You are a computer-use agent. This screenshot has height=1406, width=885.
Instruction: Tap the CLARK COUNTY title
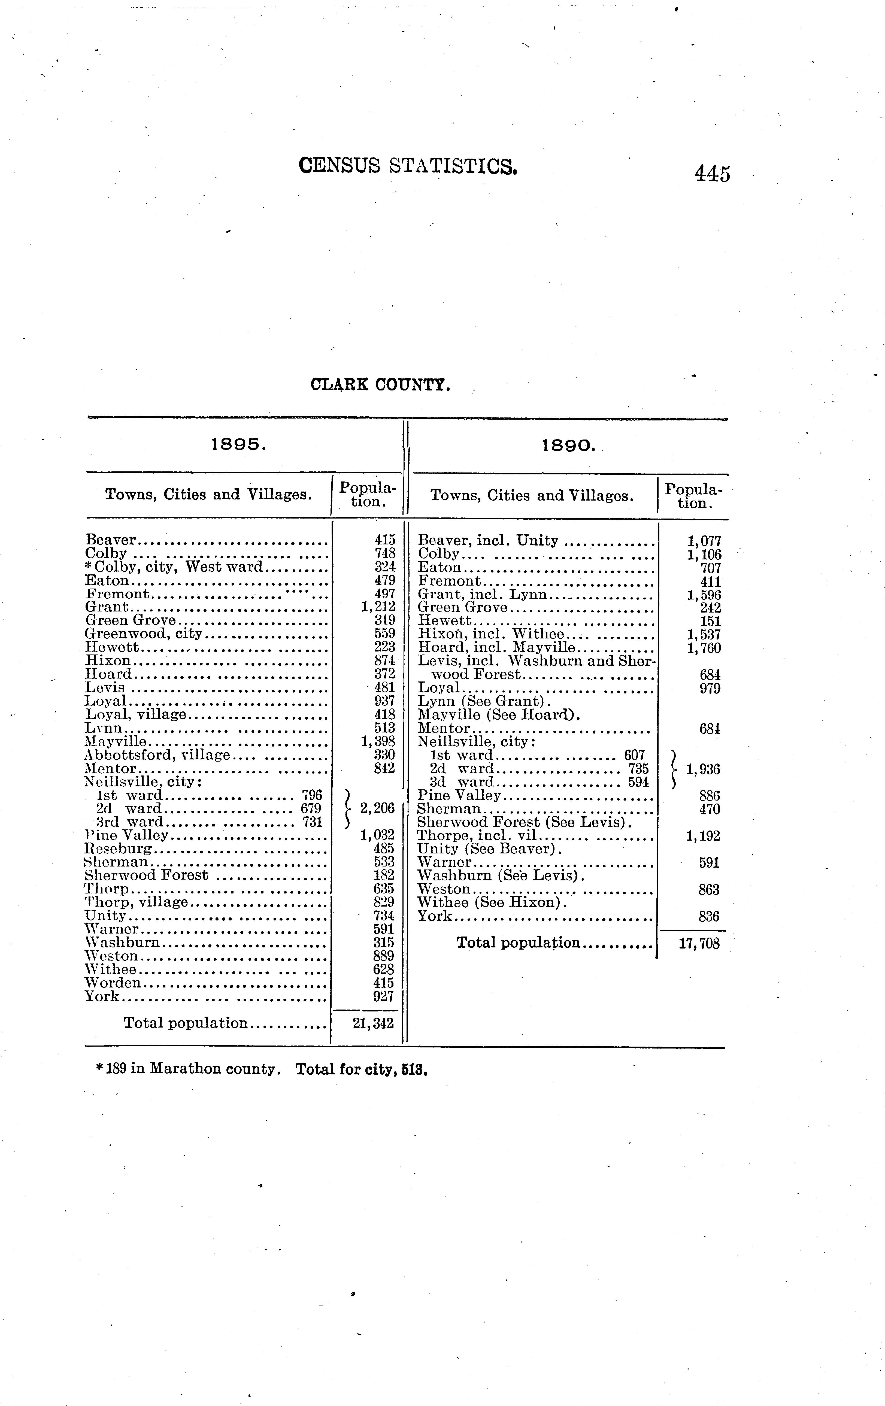tap(380, 385)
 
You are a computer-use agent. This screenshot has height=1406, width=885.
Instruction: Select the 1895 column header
tap(238, 445)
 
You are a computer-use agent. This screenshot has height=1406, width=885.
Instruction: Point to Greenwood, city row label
tap(144, 634)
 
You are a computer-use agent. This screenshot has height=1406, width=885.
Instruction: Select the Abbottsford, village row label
tap(157, 755)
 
